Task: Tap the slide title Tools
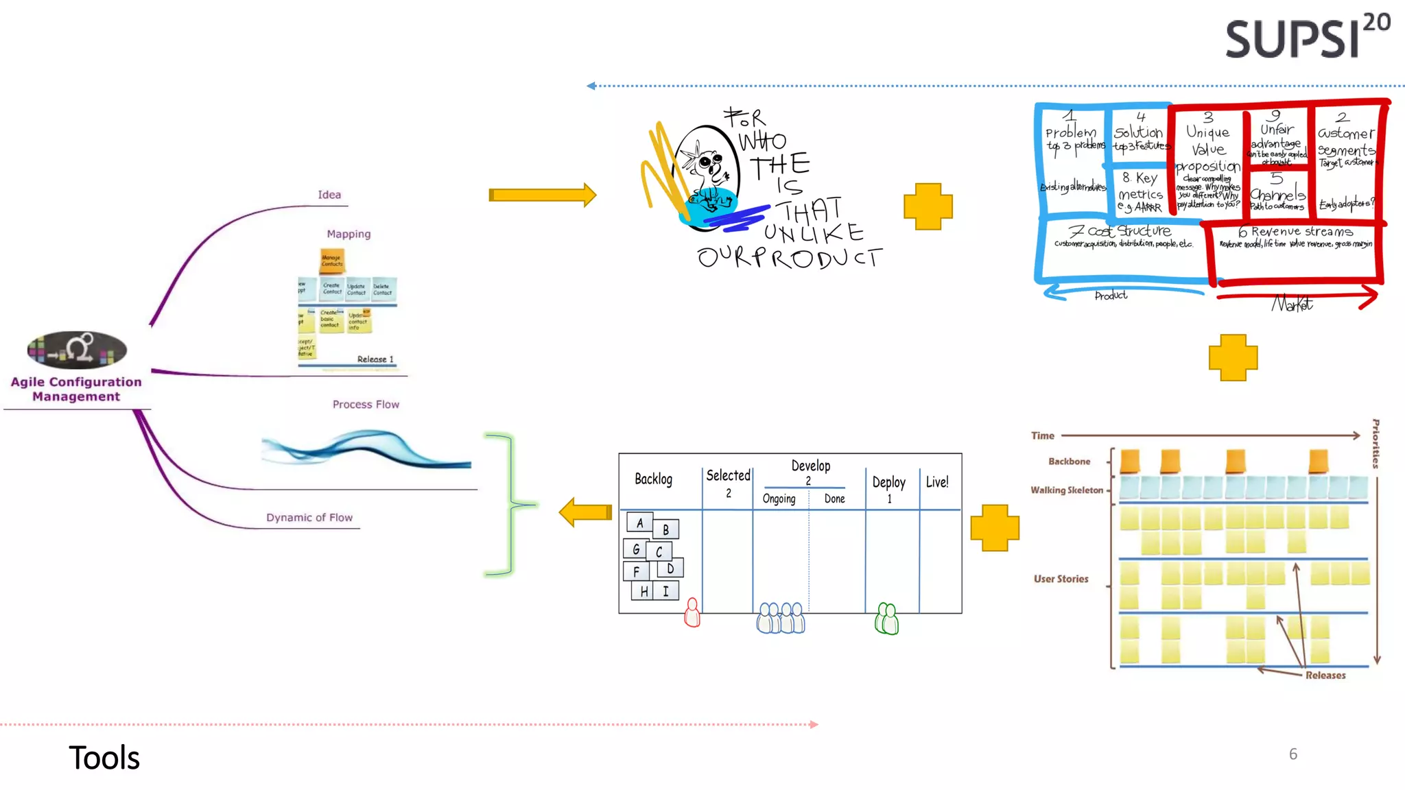coord(104,758)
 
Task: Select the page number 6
coord(1292,754)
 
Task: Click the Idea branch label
coord(329,195)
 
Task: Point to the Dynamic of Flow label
coord(309,518)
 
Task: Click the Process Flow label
coord(366,405)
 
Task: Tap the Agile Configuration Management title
coord(76,389)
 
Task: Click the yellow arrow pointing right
coord(542,195)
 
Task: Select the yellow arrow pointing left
coord(585,512)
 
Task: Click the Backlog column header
coord(653,479)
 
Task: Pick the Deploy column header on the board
coord(888,482)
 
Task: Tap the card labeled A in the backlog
coord(639,523)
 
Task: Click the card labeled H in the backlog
coord(643,591)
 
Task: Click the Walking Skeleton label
coord(1066,490)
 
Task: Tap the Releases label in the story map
coord(1325,675)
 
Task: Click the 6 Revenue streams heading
coord(1295,232)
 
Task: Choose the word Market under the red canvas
coord(1292,304)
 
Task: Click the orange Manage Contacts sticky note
coord(332,261)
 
